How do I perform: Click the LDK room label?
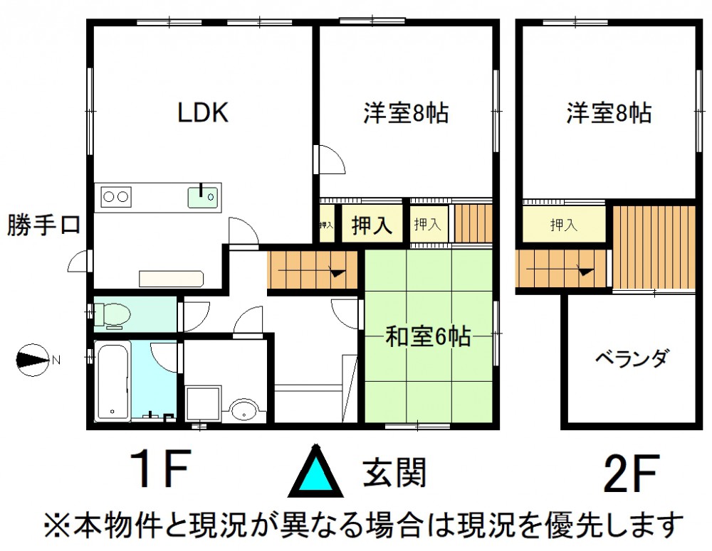click(x=202, y=112)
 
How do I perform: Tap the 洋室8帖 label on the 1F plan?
click(x=406, y=113)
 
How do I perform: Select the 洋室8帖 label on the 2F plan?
click(x=609, y=113)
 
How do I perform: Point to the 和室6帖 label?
click(x=428, y=336)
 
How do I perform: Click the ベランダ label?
click(x=632, y=358)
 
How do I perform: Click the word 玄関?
click(x=394, y=472)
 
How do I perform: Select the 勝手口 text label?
click(x=43, y=225)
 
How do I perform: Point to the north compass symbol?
click(x=32, y=360)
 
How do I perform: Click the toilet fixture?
click(x=112, y=314)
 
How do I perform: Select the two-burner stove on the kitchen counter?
click(x=116, y=197)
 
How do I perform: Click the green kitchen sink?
click(x=203, y=197)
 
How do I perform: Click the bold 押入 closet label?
click(x=372, y=224)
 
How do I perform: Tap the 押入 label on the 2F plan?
click(x=563, y=225)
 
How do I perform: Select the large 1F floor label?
click(x=159, y=469)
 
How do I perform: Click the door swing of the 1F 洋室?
click(x=332, y=159)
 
